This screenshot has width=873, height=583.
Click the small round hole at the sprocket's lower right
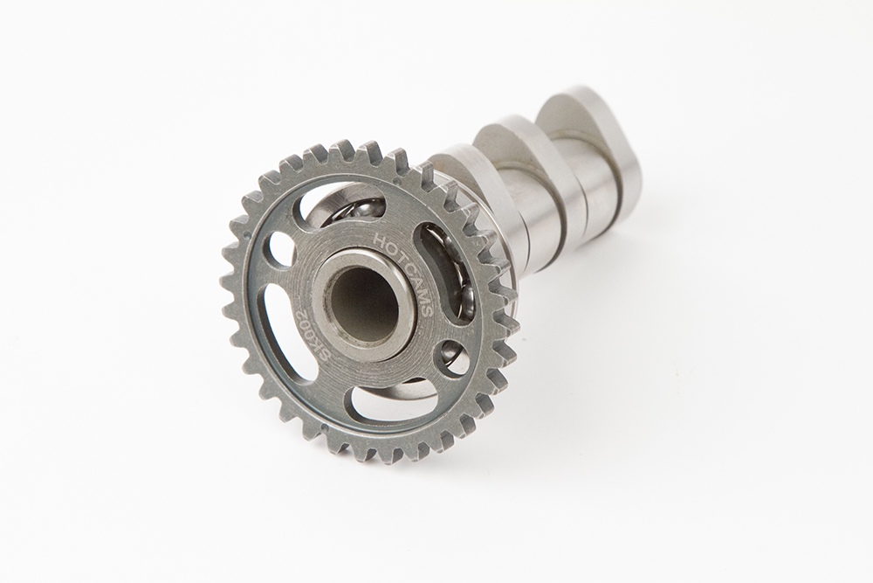coord(453,359)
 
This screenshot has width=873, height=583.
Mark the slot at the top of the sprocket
coord(340,205)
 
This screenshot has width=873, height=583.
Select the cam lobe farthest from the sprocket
coord(594,131)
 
